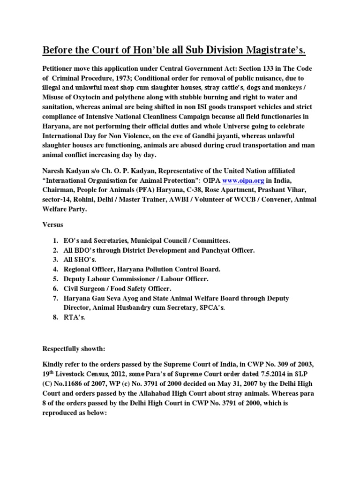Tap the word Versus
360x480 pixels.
53,225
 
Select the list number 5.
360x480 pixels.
55,279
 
